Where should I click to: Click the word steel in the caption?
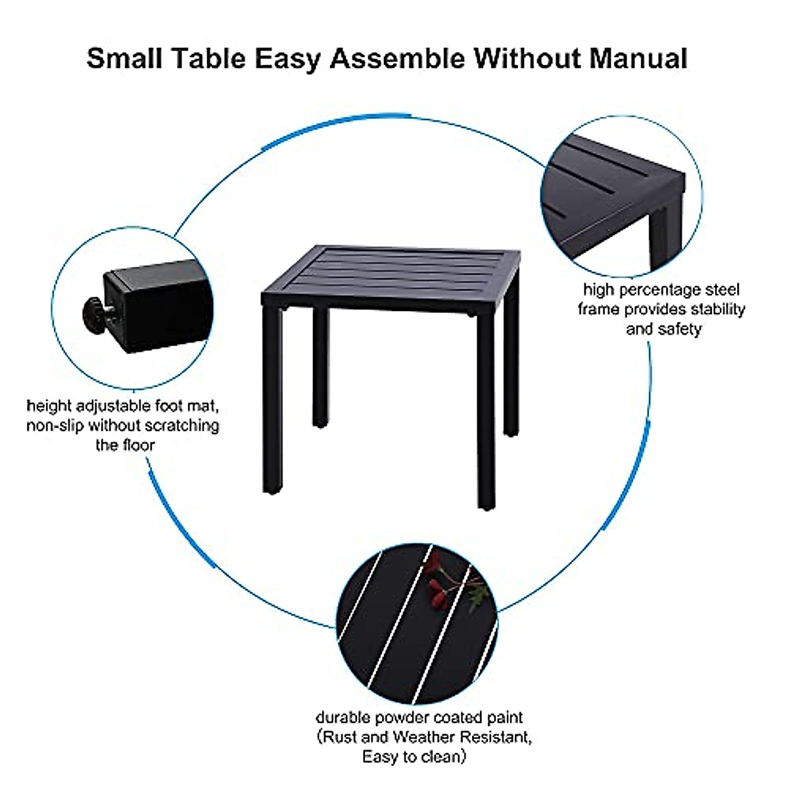tap(721, 290)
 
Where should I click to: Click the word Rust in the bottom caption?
tap(339, 737)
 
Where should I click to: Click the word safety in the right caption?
tap(682, 328)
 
